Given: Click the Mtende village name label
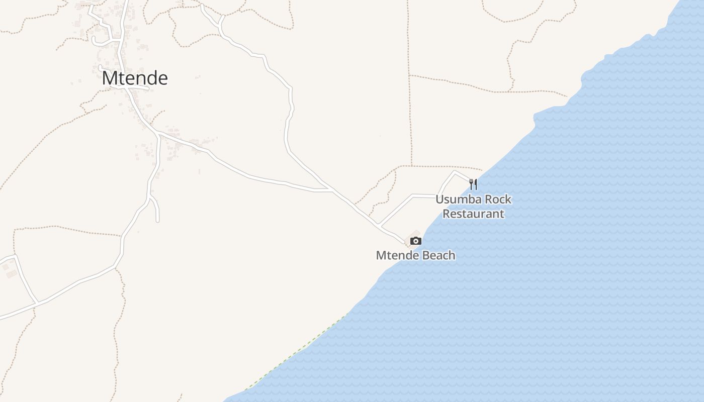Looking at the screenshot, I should click(x=135, y=78).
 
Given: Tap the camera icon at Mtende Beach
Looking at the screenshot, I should click(x=415, y=241).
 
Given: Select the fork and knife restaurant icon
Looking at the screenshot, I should click(x=473, y=184).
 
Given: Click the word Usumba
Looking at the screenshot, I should click(x=455, y=199).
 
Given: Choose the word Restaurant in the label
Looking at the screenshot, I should click(x=473, y=214).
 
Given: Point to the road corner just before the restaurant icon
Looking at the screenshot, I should click(x=455, y=171).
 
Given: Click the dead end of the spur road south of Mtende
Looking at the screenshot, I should click(x=158, y=221).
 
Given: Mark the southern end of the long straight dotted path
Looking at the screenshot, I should click(x=412, y=165).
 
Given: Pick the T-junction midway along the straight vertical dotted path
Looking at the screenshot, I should click(x=409, y=75).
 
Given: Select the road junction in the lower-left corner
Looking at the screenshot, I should click(x=36, y=303).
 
